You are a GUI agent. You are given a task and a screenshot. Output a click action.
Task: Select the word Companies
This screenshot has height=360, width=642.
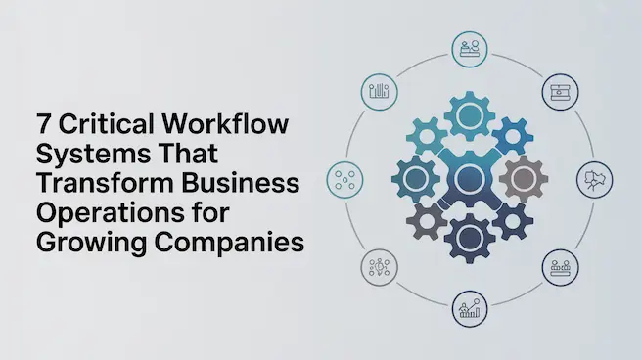pos(229,244)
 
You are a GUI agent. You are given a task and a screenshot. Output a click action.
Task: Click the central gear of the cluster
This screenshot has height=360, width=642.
pos(468,180)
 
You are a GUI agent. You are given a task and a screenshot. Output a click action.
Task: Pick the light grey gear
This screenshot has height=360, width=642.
pos(523,179)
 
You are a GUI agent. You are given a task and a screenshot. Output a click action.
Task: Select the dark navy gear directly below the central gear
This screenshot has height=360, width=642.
pos(469,235)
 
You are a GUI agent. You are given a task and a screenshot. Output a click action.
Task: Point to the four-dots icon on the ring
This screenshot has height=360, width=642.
pos(344,179)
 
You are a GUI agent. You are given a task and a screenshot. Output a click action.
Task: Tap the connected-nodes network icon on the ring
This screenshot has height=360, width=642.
pos(378,266)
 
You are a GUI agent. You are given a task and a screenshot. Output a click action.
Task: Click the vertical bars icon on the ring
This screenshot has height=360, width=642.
pos(379,93)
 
